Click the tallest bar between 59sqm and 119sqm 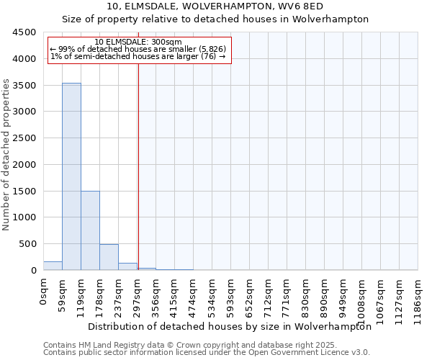coord(71,176)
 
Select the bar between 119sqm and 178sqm coord(90,230)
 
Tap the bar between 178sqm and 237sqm coord(109,257)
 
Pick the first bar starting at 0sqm coord(53,266)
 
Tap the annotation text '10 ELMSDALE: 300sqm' coord(138,42)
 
